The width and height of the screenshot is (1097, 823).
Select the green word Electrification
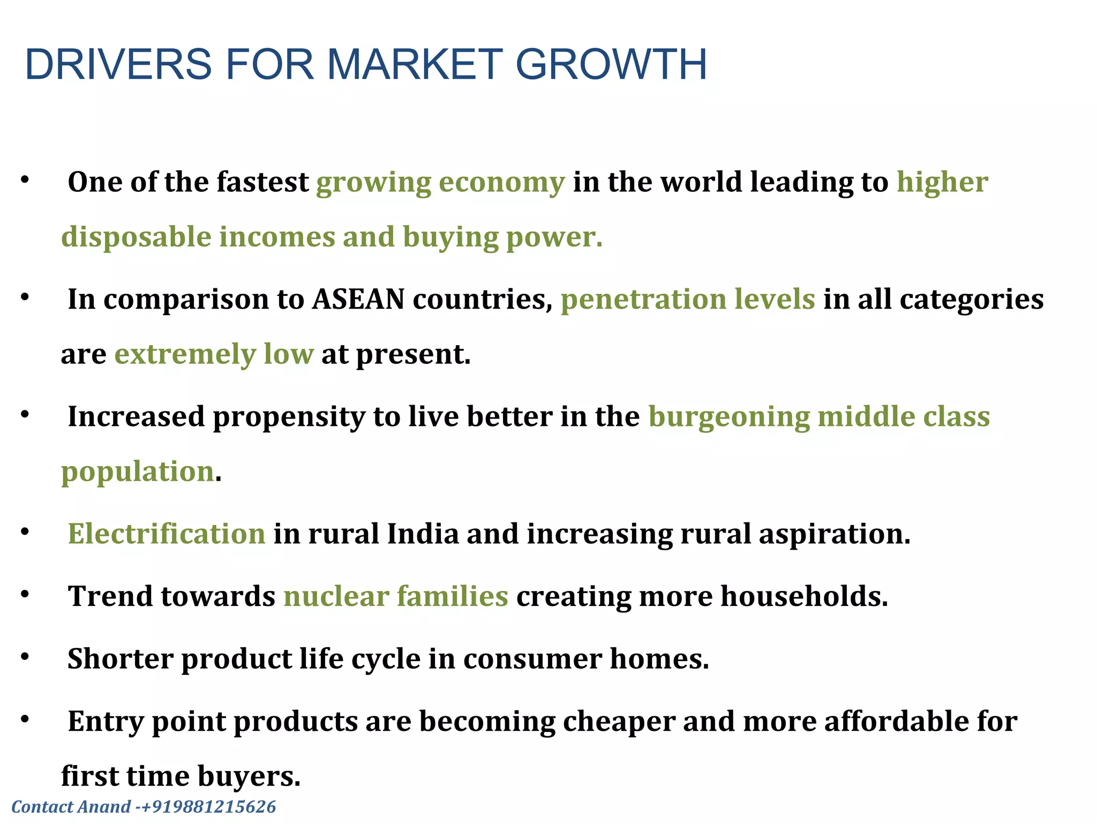pyautogui.click(x=167, y=534)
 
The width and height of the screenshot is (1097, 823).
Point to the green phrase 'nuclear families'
pyautogui.click(x=396, y=596)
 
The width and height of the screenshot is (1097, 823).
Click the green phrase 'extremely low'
pyautogui.click(x=214, y=354)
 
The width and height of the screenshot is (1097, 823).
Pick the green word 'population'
pyautogui.click(x=138, y=472)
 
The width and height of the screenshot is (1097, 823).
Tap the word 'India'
pyautogui.click(x=423, y=534)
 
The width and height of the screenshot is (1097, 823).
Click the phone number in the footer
pyautogui.click(x=208, y=806)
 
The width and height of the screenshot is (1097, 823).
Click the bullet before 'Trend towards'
pyautogui.click(x=25, y=594)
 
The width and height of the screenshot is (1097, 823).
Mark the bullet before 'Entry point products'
pyautogui.click(x=25, y=720)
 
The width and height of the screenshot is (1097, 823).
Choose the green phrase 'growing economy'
pyautogui.click(x=440, y=183)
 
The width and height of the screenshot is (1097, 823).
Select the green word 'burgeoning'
pyautogui.click(x=729, y=417)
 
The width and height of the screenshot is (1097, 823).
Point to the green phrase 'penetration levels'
pyautogui.click(x=688, y=299)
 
